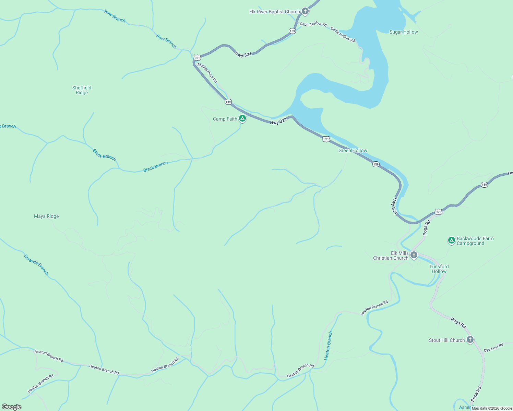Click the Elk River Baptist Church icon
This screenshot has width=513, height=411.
coord(305,11)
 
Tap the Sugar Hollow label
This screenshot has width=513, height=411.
coord(404,32)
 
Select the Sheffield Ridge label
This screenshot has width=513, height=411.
coord(82,90)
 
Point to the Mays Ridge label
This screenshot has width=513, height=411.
coord(46,216)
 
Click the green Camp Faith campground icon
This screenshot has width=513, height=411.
coord(242,119)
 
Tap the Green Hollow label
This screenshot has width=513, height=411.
coord(353,150)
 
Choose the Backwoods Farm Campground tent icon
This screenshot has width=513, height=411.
coord(452,240)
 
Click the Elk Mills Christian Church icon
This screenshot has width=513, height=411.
coord(414,255)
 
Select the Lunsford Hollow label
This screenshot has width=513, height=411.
coord(439,269)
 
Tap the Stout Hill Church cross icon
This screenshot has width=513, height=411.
coord(470,340)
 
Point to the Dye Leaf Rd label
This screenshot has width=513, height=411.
coord(493,347)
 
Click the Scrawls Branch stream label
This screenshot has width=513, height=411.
coord(36,264)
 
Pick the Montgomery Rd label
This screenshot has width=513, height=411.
coord(207,72)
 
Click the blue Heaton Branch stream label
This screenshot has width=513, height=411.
coord(328,346)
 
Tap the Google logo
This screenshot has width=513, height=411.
coord(12,407)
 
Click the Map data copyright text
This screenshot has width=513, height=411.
coord(492,408)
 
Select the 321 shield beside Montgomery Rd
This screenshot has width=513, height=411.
coord(197,58)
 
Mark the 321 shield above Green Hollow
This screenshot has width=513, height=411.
coord(326,139)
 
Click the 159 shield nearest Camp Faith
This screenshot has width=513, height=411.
coord(228,102)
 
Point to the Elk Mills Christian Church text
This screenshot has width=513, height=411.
coord(391,256)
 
